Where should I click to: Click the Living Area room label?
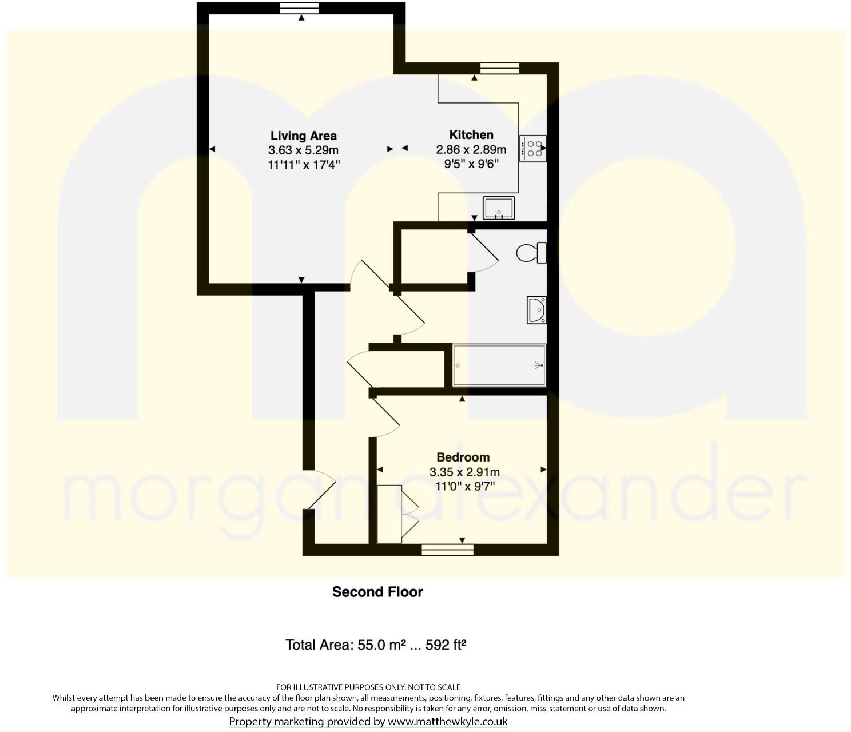pos(303,136)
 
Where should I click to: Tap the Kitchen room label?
pos(471,134)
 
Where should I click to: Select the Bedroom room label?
pos(463,457)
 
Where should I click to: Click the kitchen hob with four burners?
pos(532,149)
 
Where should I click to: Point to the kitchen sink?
pos(499,208)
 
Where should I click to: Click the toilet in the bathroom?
pos(531,253)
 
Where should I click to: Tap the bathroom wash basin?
pos(536,310)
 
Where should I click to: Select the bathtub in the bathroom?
pos(499,365)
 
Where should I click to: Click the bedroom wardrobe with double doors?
pos(390,514)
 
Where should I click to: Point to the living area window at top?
pos(299,7)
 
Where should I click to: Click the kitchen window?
pos(499,68)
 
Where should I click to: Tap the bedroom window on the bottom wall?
pos(447,550)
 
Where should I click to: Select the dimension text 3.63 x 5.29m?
pos(303,150)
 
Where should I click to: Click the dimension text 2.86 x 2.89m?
pos(471,150)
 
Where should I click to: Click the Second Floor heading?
pos(377,591)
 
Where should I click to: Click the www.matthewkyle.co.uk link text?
pos(447,721)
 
